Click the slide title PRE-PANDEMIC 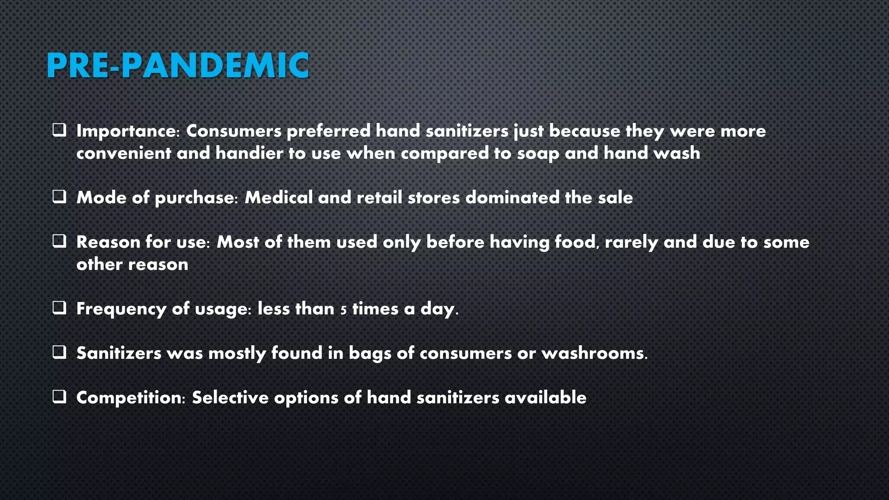(178, 66)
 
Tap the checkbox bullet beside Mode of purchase (59, 197)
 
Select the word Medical (278, 197)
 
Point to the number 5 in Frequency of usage (343, 310)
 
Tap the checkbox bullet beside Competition (59, 397)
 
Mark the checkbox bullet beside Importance (59, 130)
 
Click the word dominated (512, 197)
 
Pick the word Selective (230, 398)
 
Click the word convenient (123, 153)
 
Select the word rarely (631, 242)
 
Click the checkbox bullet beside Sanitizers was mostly (59, 352)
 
